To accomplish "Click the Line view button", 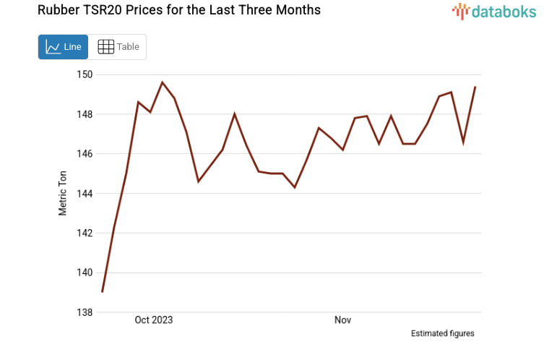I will coord(64,47).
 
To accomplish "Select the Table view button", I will coord(118,47).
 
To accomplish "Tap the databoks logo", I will coord(495,11).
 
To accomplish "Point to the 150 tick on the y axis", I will coord(85,74).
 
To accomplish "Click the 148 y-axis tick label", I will coord(85,114).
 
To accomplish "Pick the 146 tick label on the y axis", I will coord(85,154).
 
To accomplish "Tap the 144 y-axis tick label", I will coord(85,194).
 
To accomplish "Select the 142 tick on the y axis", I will coord(85,233).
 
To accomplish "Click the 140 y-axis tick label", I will coord(85,273).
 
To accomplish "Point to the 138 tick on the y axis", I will coord(85,312).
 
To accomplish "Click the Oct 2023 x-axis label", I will coord(154,320).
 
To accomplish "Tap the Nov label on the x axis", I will coord(342,320).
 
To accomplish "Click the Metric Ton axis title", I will coord(63,194).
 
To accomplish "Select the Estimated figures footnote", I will coord(442,333).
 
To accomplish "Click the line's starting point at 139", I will coord(103,292).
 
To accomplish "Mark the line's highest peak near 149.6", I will coord(162,82).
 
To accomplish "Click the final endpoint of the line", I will coord(475,87).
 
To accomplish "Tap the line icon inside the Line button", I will coord(53,47).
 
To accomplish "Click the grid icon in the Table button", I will coord(105,47).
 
